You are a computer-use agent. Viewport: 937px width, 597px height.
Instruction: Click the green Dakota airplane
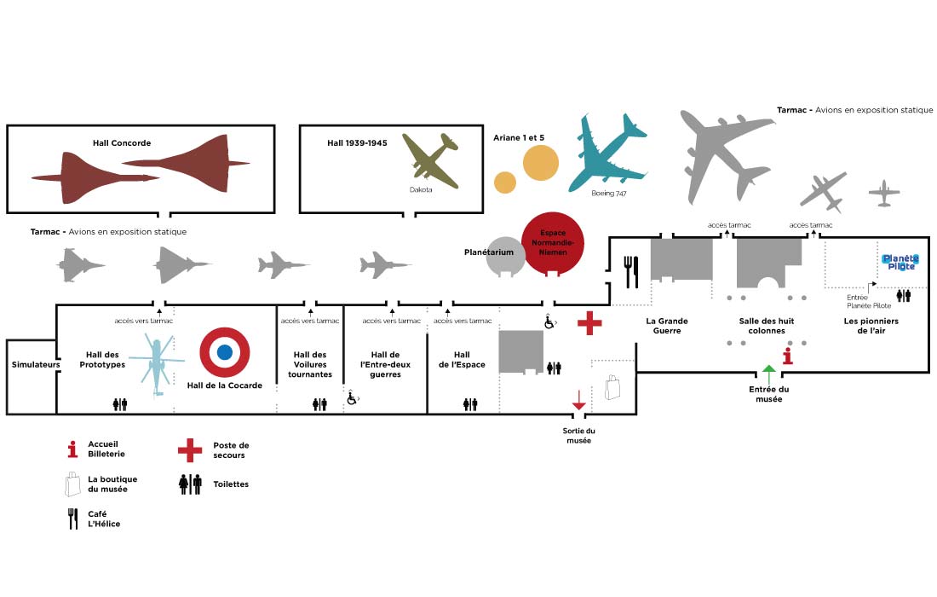(x=430, y=159)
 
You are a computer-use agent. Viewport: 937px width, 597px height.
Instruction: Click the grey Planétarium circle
(x=505, y=256)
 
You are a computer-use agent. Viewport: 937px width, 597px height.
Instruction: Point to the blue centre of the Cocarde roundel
(x=225, y=352)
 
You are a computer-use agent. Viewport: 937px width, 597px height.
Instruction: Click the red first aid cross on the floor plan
(x=589, y=323)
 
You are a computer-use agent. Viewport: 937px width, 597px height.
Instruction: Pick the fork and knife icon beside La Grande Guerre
(x=631, y=271)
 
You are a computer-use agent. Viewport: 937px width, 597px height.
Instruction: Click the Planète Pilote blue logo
(x=900, y=263)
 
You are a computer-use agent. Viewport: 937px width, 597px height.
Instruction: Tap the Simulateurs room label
(x=32, y=364)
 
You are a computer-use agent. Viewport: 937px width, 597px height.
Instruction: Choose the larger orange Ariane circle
(x=540, y=163)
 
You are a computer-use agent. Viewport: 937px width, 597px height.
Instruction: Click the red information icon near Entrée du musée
(x=788, y=356)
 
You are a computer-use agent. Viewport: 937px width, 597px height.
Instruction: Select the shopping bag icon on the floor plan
(x=612, y=388)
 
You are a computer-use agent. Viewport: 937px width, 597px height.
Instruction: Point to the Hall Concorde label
(x=122, y=143)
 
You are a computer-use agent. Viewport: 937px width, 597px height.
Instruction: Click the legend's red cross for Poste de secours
(x=189, y=449)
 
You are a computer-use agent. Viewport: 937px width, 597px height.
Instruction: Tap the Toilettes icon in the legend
(x=190, y=484)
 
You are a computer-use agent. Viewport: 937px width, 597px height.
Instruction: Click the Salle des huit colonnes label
(x=767, y=326)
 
